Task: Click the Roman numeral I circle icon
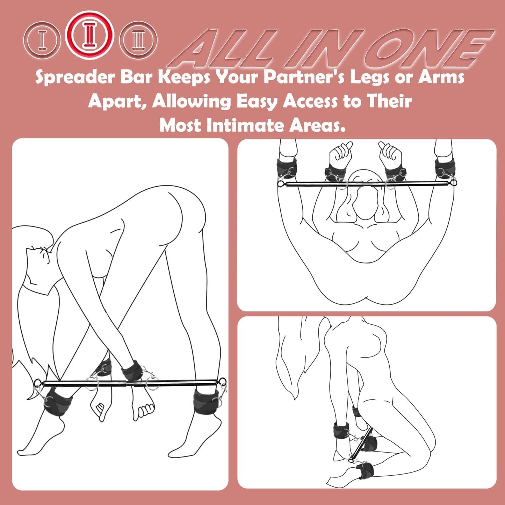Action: click(42, 40)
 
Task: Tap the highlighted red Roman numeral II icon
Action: click(91, 35)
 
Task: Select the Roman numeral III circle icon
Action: click(138, 40)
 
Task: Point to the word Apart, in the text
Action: click(117, 102)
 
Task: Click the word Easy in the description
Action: click(257, 102)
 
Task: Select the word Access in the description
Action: click(310, 102)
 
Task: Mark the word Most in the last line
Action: click(181, 125)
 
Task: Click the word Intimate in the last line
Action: click(246, 125)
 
